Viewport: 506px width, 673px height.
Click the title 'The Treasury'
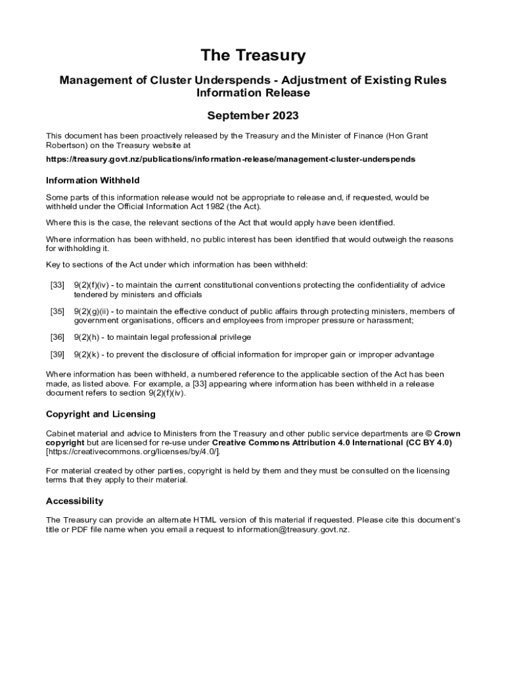tap(253, 56)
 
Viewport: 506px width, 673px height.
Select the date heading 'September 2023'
tap(253, 116)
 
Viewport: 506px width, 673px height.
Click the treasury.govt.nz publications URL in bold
tap(231, 160)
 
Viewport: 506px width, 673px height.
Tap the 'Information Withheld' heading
tap(93, 181)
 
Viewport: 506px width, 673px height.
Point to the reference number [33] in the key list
tap(57, 285)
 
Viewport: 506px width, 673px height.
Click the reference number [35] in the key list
tap(57, 312)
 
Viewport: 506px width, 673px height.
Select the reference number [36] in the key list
tap(57, 337)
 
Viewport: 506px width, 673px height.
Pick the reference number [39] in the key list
tap(57, 355)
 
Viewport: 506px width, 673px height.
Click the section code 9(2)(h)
tap(86, 337)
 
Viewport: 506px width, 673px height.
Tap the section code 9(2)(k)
tap(86, 355)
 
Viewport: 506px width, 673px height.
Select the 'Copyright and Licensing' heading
tap(101, 415)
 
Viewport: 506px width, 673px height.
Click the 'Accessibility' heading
tap(74, 501)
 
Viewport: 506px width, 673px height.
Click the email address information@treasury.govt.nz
tap(292, 529)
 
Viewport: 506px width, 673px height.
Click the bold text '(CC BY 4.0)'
tap(428, 443)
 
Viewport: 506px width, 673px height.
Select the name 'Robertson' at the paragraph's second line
tap(66, 145)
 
